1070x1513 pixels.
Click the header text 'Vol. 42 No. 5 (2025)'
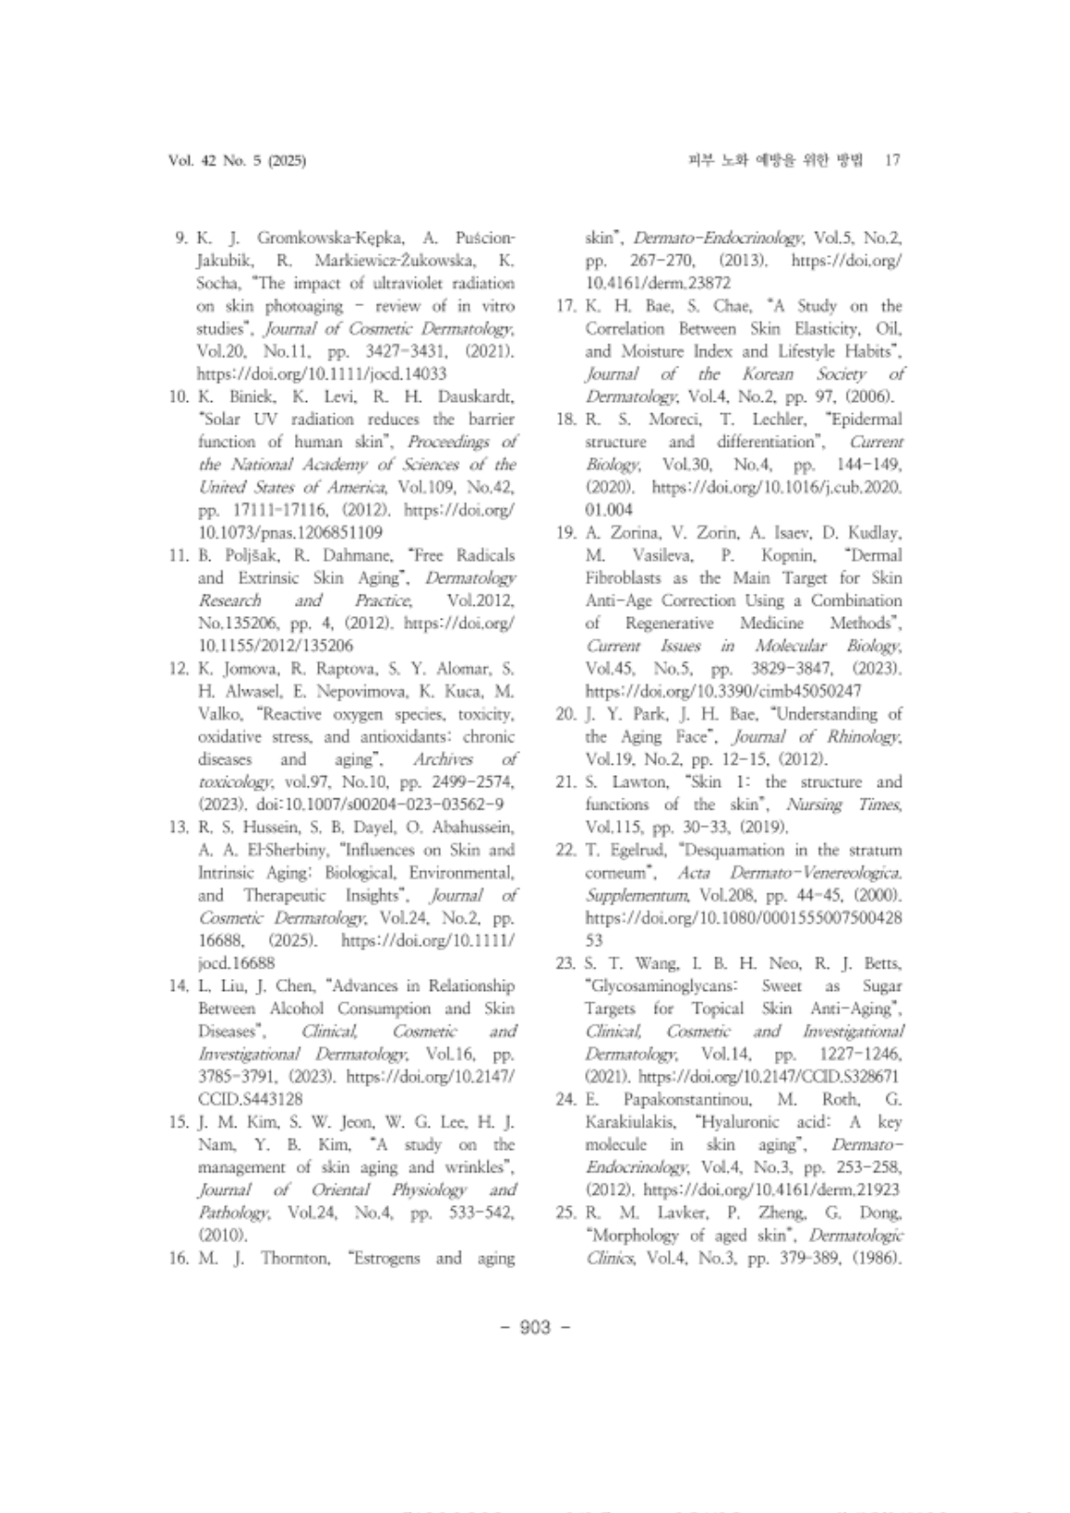237,161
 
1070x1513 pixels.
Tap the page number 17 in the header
892,161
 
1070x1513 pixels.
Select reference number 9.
182,237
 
